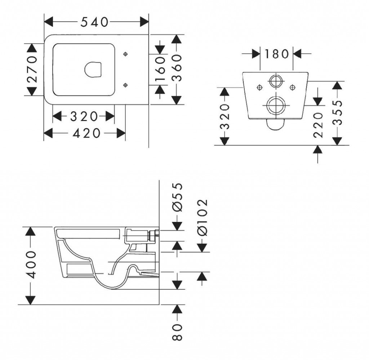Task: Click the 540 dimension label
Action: point(94,22)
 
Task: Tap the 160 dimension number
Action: point(160,69)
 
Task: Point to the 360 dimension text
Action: point(177,68)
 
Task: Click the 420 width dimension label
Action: point(86,134)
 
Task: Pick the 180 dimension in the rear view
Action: point(276,54)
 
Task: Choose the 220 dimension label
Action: point(318,125)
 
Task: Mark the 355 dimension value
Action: point(338,112)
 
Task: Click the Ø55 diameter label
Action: point(177,197)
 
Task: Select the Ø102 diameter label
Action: point(203,217)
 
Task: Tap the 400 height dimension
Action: point(31,265)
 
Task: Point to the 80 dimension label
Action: point(177,332)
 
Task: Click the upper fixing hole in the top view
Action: point(125,54)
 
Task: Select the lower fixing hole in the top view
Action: point(125,85)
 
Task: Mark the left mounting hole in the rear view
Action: point(259,88)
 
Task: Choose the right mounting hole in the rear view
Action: point(293,88)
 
